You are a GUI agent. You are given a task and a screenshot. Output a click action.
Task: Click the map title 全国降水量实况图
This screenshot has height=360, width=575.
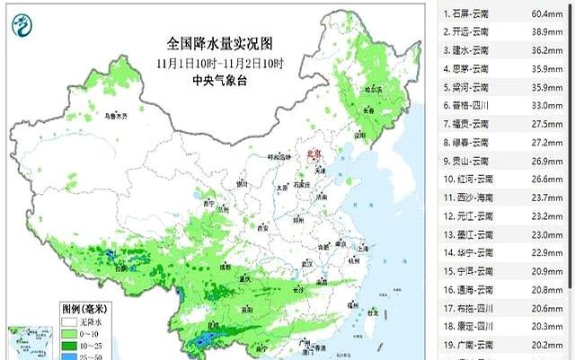(x=219, y=43)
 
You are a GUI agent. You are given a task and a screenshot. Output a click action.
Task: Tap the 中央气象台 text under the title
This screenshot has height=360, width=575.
(x=218, y=80)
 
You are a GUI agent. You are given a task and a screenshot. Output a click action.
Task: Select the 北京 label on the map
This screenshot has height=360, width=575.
(x=314, y=154)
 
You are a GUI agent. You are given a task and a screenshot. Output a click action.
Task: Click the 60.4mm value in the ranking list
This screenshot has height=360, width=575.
(x=546, y=13)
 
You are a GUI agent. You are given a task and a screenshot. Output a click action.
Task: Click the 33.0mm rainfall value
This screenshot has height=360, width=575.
(x=546, y=105)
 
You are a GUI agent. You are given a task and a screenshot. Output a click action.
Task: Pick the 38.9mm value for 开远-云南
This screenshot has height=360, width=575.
(x=546, y=31)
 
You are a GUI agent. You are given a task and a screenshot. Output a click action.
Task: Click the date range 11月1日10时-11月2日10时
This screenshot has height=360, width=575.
(x=219, y=63)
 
